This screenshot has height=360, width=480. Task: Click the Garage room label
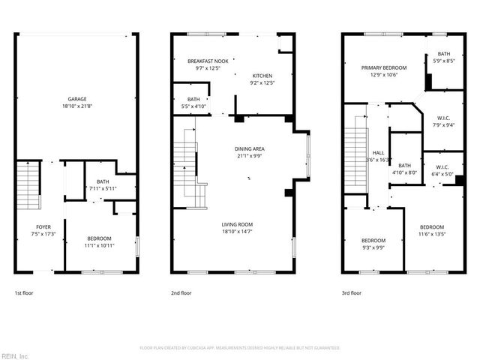[77, 99]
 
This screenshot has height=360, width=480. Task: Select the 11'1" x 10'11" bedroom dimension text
[99, 245]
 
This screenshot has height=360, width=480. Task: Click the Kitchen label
[262, 76]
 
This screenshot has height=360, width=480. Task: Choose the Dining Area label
[250, 148]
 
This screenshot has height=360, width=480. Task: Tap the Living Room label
[237, 224]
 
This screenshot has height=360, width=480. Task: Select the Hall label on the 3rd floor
[378, 152]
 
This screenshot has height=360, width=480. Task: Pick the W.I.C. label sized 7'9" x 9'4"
[443, 118]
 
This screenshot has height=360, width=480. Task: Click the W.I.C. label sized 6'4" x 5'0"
[442, 167]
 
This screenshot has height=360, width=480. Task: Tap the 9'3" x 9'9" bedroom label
[373, 241]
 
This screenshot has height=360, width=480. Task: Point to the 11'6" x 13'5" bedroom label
[432, 227]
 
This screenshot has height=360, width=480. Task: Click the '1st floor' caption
[24, 293]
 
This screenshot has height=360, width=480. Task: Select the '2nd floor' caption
[181, 293]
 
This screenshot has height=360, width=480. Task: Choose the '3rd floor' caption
[352, 293]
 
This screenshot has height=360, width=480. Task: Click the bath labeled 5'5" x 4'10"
[193, 99]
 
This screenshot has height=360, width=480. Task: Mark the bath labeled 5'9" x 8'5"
[444, 54]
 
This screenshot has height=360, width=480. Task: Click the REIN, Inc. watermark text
[14, 355]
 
